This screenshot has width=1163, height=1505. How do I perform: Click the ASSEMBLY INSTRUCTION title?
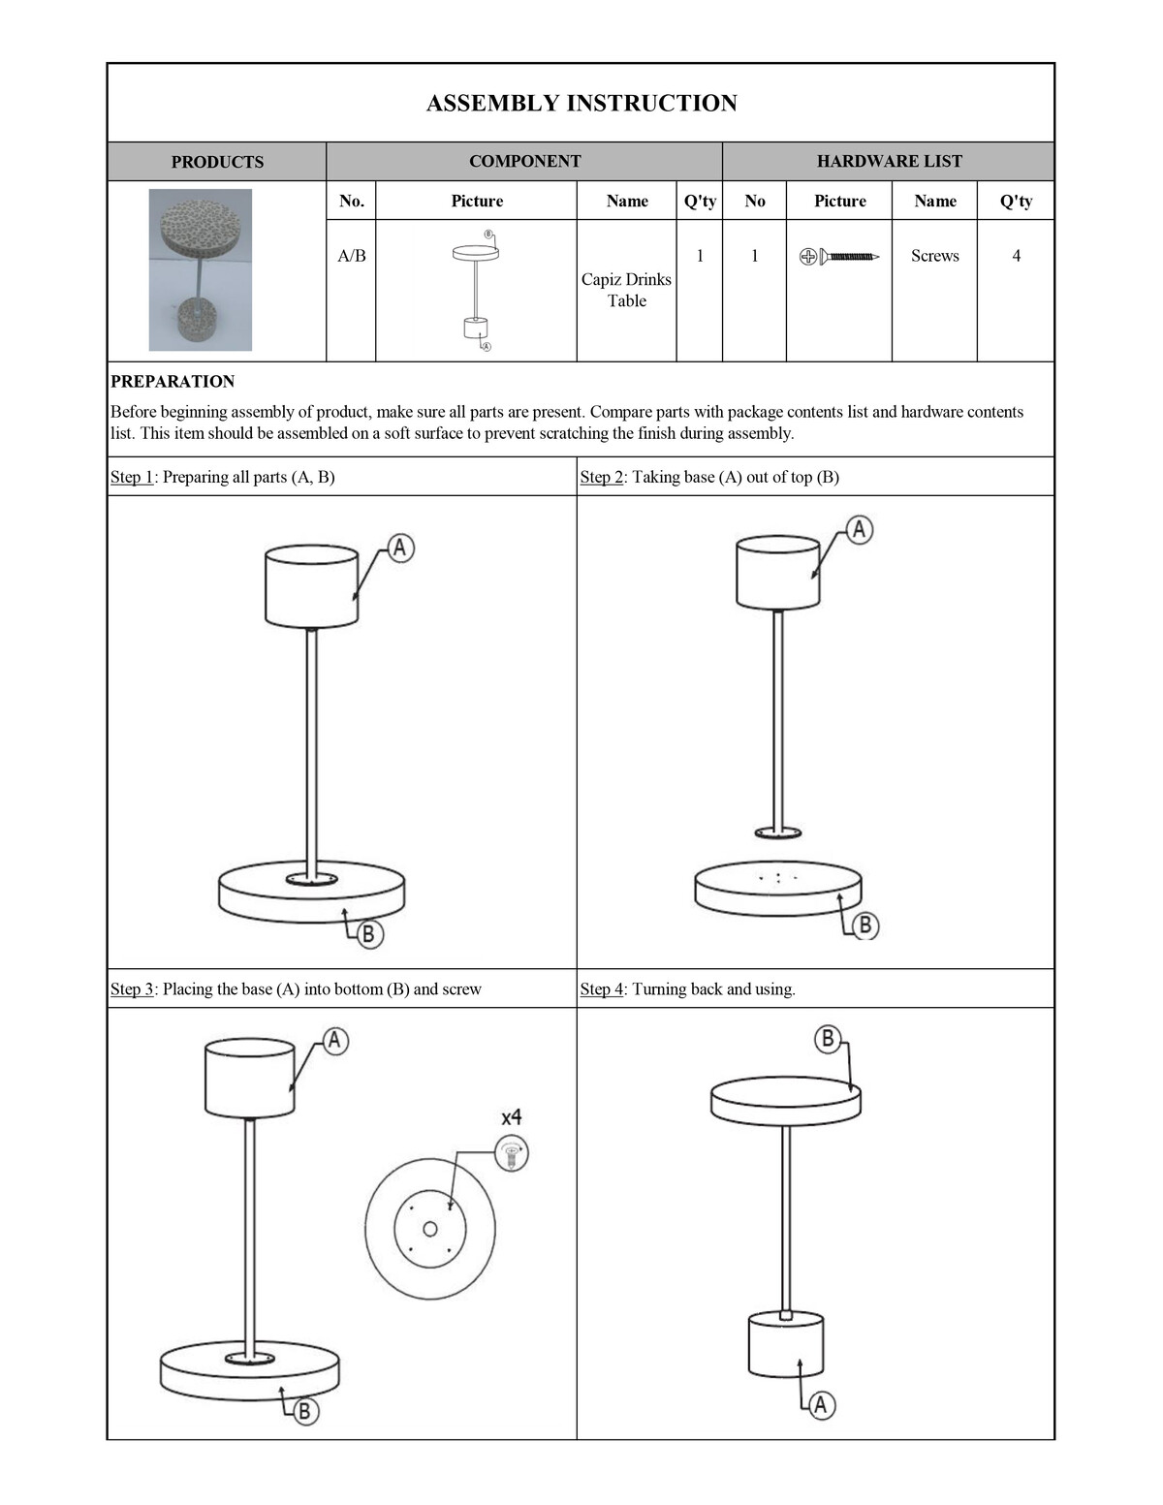click(581, 104)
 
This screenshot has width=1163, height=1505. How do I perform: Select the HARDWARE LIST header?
click(889, 162)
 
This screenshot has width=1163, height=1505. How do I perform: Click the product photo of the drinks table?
click(201, 269)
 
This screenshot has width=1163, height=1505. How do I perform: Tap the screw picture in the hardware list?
click(839, 257)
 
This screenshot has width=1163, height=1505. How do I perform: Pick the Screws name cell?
click(934, 256)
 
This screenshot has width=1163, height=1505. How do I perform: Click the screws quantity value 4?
click(1016, 256)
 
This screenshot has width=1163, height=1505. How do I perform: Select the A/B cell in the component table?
click(352, 256)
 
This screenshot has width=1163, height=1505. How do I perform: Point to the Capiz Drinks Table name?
click(626, 290)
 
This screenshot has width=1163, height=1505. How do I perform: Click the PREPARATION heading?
click(173, 382)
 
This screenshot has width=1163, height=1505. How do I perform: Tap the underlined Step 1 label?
click(132, 477)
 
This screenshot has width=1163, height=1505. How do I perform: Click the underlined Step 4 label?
click(602, 989)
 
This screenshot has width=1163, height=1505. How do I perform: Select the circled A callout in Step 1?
click(400, 548)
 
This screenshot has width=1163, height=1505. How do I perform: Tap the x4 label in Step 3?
click(512, 1116)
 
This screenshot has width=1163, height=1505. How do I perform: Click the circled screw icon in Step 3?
click(512, 1154)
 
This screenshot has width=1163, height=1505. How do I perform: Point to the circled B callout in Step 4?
click(828, 1040)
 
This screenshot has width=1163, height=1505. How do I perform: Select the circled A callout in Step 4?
click(821, 1404)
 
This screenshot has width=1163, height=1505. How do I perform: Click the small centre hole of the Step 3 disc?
click(430, 1230)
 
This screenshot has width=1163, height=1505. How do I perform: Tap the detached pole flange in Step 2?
click(778, 832)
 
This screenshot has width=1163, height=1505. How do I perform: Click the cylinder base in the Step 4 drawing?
click(786, 1344)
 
